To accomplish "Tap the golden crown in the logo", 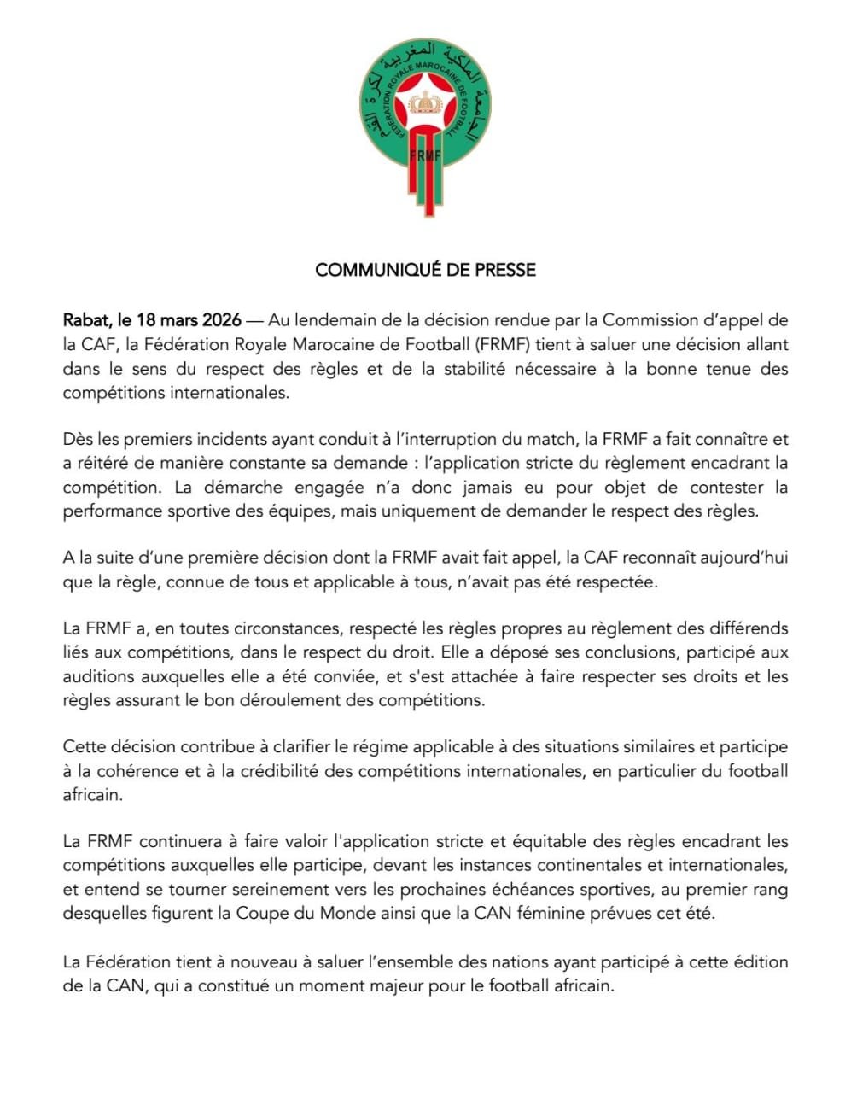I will coord(424,106).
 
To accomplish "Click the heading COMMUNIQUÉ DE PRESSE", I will coord(425,270).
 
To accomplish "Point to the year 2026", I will coord(221,321).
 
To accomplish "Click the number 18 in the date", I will coord(148,321).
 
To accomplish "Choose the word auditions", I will coord(96,676).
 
